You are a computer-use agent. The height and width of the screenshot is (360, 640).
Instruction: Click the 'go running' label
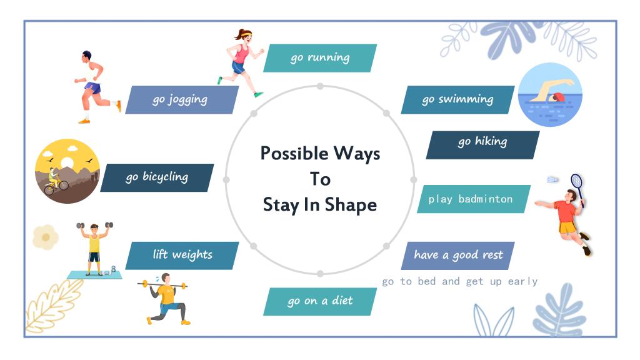[x=320, y=58]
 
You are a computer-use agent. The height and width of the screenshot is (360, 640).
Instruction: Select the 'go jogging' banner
[x=182, y=99]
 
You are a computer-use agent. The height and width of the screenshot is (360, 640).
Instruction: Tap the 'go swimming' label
[x=458, y=99]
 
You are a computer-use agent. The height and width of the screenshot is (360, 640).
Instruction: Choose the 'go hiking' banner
[x=483, y=145]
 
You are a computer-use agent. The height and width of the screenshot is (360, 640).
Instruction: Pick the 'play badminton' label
[x=474, y=199]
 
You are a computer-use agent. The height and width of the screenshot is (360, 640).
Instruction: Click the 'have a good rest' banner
[x=458, y=256]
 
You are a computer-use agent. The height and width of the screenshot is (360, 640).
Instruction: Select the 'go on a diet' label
[x=320, y=302]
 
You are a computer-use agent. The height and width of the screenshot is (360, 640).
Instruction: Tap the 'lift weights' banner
[x=182, y=256]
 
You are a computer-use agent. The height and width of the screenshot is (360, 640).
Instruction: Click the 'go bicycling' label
[x=157, y=177]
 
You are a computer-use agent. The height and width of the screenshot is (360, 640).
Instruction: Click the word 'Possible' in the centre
[x=294, y=154]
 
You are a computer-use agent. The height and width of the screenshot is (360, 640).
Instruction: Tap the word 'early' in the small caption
[x=523, y=282]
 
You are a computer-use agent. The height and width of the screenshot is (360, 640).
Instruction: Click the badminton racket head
[x=577, y=181]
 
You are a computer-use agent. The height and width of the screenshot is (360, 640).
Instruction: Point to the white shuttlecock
[x=552, y=179]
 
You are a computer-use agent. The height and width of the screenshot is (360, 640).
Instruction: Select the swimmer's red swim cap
[x=558, y=97]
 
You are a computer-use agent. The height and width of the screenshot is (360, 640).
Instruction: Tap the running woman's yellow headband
[x=245, y=35]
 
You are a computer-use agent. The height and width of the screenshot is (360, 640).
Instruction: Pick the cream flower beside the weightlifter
[x=46, y=237]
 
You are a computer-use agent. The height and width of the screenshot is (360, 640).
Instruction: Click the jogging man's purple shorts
[x=92, y=87]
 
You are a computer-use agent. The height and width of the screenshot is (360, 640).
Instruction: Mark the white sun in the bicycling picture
[x=66, y=163]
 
